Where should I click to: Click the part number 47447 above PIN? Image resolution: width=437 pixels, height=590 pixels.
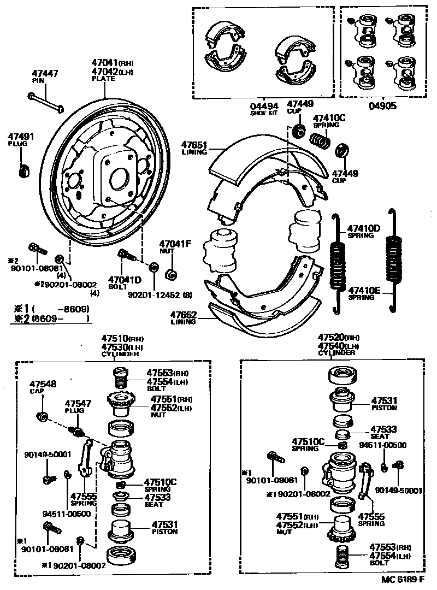point(45,73)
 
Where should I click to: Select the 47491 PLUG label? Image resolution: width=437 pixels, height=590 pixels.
point(21,139)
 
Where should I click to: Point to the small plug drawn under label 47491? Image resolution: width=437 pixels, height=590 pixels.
point(24,171)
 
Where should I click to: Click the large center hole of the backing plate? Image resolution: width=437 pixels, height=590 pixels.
point(119,178)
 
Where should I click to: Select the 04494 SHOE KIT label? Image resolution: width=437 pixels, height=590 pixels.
point(264,109)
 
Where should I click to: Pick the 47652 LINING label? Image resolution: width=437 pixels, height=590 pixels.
point(183,318)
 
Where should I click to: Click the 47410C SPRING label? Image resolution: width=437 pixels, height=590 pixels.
point(329,120)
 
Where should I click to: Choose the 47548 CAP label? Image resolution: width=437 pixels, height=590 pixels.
point(43,387)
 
